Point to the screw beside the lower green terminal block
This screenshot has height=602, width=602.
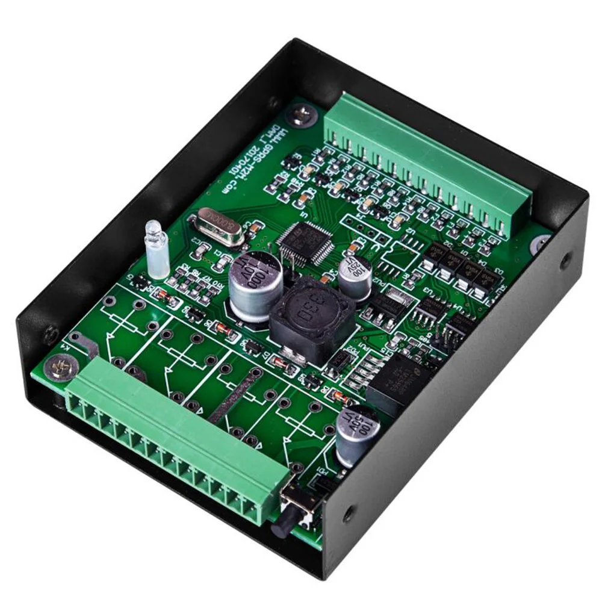58,365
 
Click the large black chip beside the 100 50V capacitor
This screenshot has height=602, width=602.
398,383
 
